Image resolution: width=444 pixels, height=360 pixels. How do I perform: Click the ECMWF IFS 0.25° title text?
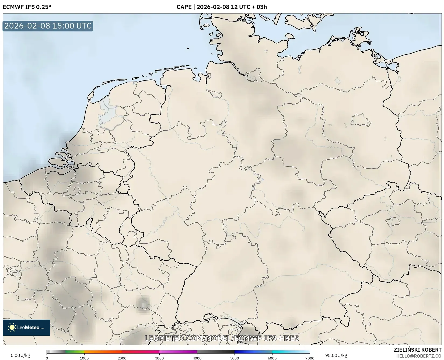[x=27, y=7]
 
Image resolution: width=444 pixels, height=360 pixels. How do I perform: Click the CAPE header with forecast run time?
[x=222, y=7]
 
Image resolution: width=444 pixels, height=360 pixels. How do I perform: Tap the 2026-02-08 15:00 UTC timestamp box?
[x=48, y=26]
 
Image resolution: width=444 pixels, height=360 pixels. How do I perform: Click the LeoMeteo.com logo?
[x=26, y=327]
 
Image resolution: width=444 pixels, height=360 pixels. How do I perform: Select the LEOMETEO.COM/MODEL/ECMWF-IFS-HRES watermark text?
[x=222, y=338]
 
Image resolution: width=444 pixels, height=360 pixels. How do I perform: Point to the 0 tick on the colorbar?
[x=47, y=358]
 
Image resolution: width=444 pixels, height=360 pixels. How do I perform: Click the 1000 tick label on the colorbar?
[x=84, y=358]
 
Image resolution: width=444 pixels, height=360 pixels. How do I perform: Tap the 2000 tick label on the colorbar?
[x=122, y=358]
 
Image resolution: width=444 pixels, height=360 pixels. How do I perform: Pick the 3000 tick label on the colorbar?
[x=159, y=358]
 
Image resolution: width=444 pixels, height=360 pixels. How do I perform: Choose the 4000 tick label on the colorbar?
[x=197, y=358]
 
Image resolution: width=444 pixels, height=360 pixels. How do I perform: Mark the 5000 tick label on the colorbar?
[x=235, y=358]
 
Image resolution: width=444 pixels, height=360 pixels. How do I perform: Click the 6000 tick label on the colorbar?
[x=272, y=358]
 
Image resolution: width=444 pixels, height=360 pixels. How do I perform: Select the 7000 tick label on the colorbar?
[x=310, y=358]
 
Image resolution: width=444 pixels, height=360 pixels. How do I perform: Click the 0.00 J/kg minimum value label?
[x=20, y=355]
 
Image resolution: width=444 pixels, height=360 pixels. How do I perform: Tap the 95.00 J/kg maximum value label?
[x=336, y=355]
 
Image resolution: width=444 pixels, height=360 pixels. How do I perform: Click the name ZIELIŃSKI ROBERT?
[x=417, y=350]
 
